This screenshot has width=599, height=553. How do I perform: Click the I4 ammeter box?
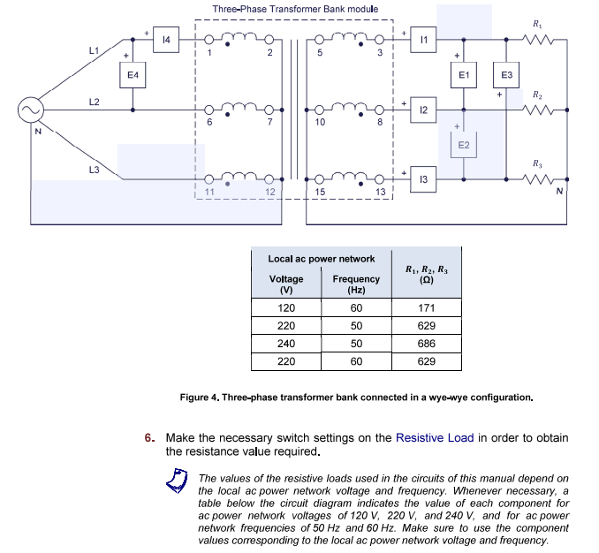166,39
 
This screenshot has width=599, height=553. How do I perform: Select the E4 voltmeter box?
133,76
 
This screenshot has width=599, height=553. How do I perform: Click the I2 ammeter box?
426,110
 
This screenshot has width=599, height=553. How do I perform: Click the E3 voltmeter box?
507,76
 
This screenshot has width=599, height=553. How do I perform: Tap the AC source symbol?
27,110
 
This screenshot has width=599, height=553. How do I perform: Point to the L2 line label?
94,102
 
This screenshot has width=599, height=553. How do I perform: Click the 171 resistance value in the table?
427,308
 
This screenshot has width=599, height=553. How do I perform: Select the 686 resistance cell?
427,344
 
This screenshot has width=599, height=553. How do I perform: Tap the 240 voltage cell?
286,344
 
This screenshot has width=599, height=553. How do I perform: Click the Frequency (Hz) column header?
356,284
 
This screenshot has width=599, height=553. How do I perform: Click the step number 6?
151,438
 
